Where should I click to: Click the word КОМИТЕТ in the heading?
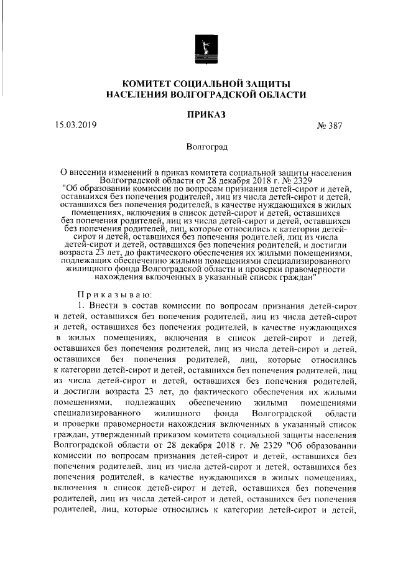[147, 83]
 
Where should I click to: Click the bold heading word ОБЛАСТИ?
[283, 95]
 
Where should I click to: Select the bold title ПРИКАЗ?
[206, 114]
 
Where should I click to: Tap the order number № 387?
[330, 125]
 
